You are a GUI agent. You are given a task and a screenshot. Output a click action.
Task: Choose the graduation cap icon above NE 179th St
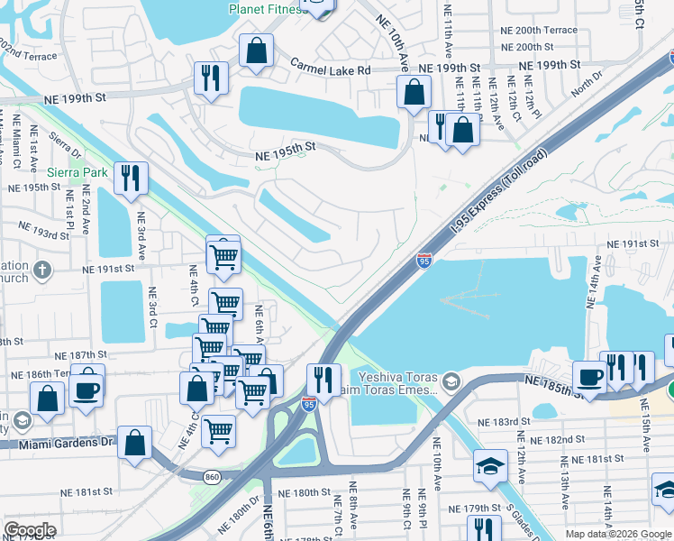[x=489, y=464]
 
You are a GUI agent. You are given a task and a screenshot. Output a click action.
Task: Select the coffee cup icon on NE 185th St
[x=589, y=375]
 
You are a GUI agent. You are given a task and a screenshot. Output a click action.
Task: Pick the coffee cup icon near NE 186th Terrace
[x=87, y=390]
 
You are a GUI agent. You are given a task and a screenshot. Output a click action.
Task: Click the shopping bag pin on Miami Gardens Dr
[x=134, y=443]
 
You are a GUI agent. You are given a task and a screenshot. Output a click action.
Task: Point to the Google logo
[x=30, y=530]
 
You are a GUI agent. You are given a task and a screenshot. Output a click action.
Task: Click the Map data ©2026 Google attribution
[x=618, y=534]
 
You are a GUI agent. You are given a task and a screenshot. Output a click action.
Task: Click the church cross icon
[x=43, y=270]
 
